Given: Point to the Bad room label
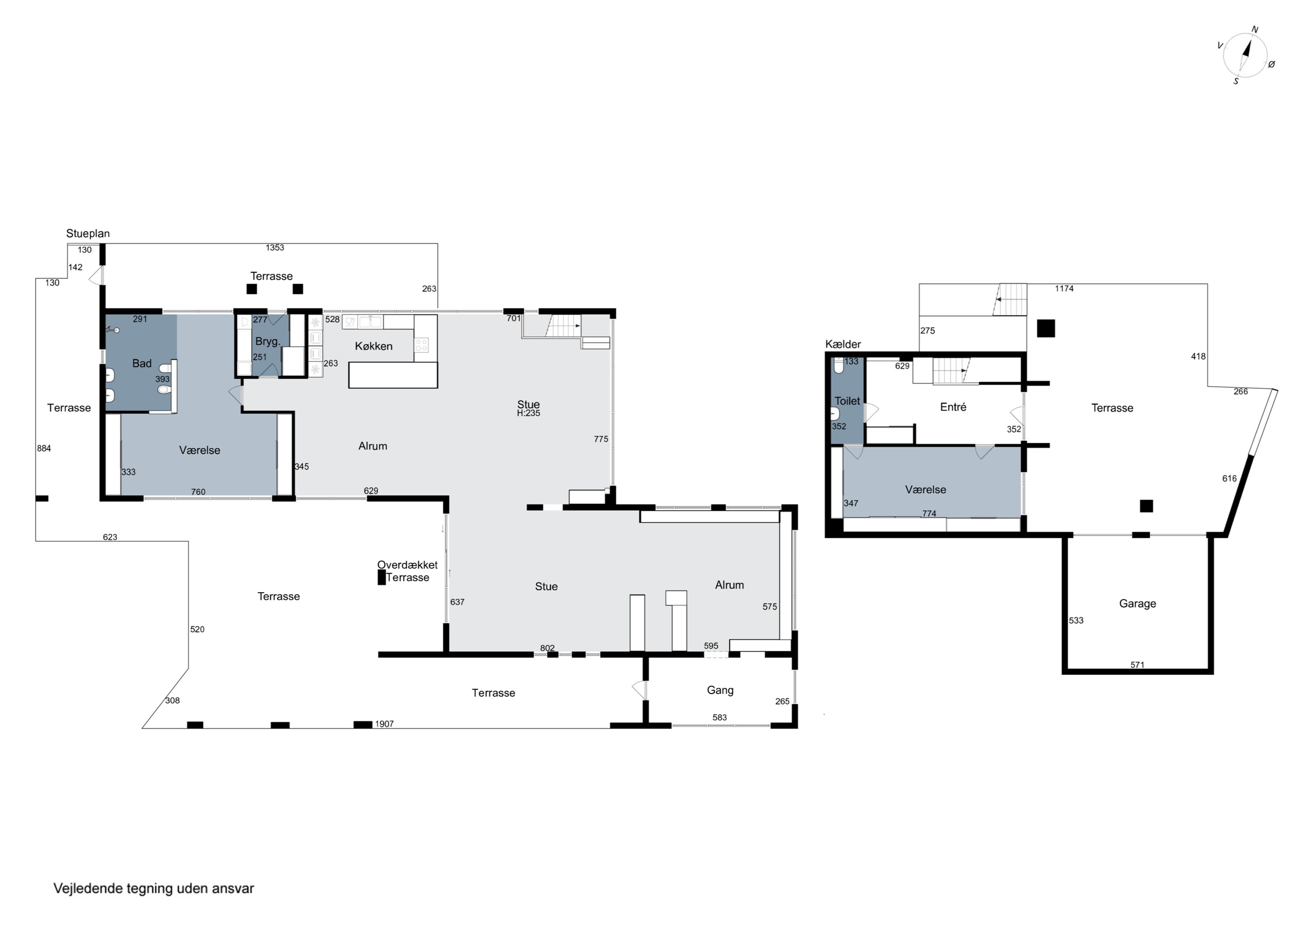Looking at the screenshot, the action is click(x=142, y=363).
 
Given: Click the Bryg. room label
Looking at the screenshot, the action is click(x=268, y=342).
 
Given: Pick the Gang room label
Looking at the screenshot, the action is click(x=720, y=690).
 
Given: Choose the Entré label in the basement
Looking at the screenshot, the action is click(x=953, y=407).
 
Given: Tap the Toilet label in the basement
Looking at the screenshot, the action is click(x=847, y=401).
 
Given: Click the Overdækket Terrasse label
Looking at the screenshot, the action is click(x=407, y=571).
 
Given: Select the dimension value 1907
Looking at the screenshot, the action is click(x=385, y=724).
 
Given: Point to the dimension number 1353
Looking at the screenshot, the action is click(x=275, y=248).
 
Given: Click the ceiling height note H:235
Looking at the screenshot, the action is click(x=529, y=413).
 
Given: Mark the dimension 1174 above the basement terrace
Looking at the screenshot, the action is click(x=1064, y=289).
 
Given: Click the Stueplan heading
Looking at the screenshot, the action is click(x=88, y=233).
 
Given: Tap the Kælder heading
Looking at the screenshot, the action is click(x=843, y=344).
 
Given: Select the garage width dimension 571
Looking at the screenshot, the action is click(x=1137, y=664).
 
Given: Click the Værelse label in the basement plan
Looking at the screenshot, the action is click(x=925, y=489).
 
